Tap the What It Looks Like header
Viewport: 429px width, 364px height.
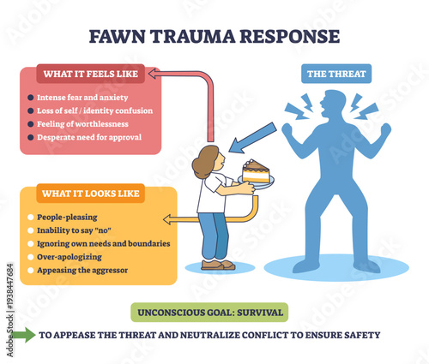[x=90, y=194]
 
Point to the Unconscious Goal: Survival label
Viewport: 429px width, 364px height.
[x=208, y=312]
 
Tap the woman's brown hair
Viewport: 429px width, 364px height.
[x=205, y=161]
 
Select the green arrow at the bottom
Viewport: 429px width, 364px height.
[x=24, y=335]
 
